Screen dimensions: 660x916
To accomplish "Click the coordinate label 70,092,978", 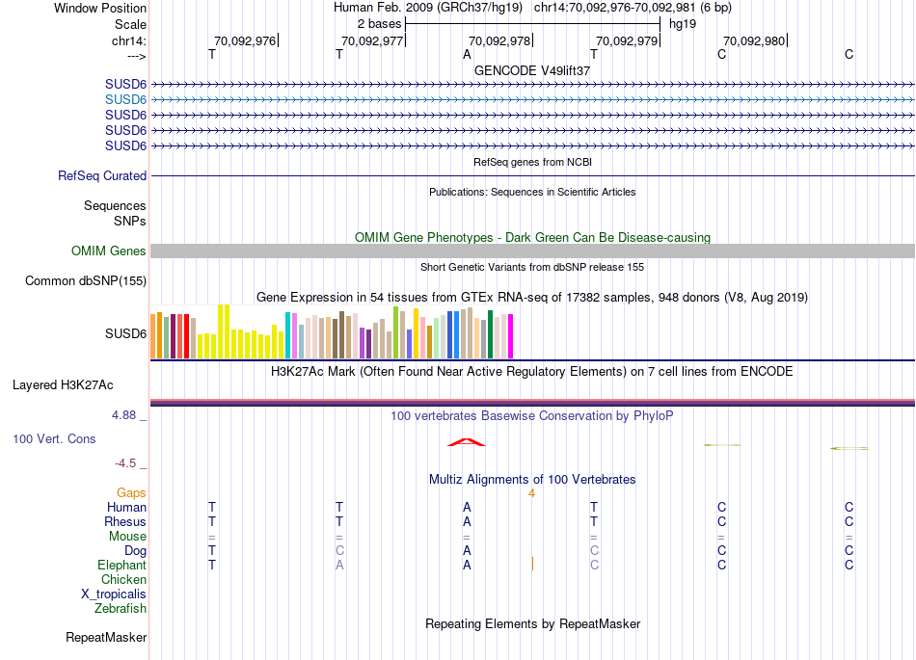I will point(499,40).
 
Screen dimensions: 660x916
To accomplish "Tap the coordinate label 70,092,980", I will point(754,40).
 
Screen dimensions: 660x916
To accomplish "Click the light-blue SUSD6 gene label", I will point(125,99).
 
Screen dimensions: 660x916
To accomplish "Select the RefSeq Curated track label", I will point(102,176).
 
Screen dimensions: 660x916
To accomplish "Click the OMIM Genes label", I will point(109,251).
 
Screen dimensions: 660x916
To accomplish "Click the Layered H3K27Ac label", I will point(63,385).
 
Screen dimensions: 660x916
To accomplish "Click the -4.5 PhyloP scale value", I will point(130,463).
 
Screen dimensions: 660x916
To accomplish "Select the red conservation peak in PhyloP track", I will point(467,442).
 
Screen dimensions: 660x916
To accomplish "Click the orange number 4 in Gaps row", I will point(531,493).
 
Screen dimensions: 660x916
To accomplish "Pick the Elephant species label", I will point(121,566).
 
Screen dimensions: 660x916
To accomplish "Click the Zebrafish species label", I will point(121,609).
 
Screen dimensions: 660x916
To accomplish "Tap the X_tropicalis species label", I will point(114,594).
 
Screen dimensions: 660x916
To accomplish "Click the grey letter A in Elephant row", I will point(339,566).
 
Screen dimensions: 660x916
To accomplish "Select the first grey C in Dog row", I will point(339,551).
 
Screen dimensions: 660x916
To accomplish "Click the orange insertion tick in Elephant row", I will point(532,563).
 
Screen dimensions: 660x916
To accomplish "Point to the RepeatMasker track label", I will point(106,638).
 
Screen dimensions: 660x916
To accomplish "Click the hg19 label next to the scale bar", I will point(682,23).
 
